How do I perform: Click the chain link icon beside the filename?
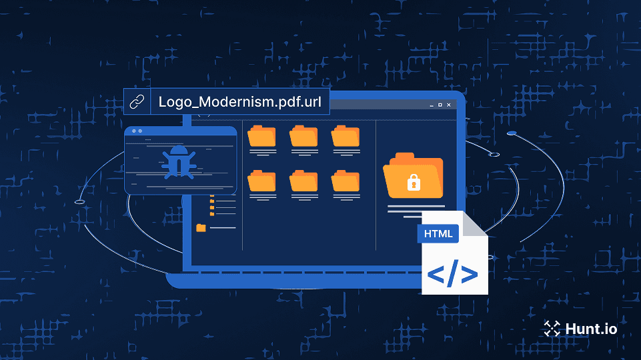137,102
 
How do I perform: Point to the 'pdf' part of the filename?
273,103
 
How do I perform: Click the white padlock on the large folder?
414,181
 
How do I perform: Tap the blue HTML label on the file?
438,233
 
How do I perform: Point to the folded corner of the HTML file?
476,224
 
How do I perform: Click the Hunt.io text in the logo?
590,329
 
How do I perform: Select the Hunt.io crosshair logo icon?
552,328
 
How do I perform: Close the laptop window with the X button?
449,105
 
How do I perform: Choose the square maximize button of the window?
440,105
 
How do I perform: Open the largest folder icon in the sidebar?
201,228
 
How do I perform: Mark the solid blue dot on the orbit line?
511,133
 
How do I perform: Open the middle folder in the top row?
303,136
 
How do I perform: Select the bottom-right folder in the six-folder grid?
346,181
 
